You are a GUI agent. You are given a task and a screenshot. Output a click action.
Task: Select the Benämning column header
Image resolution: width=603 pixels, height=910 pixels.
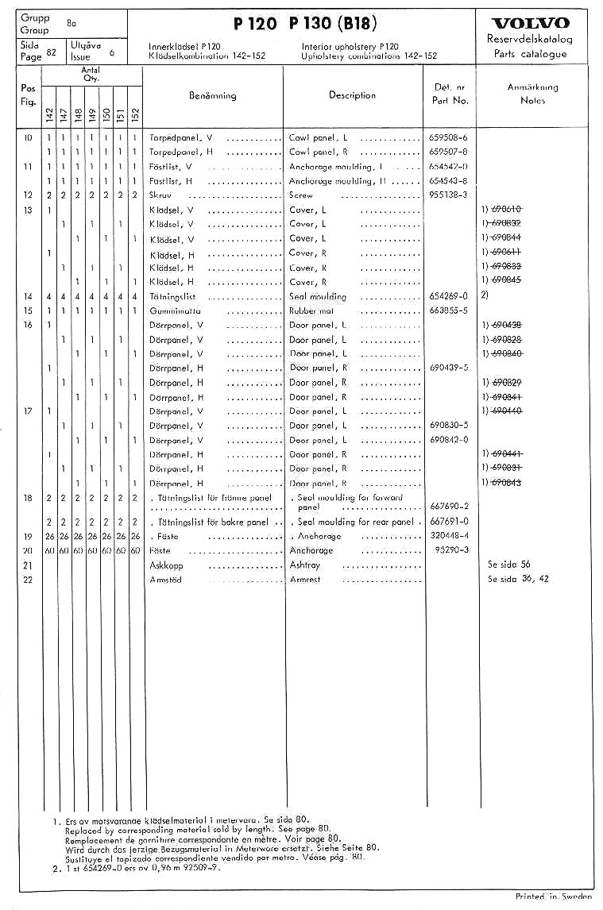click(x=212, y=95)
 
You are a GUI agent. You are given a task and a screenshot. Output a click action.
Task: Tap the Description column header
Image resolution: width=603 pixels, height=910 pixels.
click(x=352, y=95)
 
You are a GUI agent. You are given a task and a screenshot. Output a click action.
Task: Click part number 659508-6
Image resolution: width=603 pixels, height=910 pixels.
click(x=448, y=137)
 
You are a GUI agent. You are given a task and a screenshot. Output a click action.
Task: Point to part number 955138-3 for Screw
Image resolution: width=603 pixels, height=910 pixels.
click(x=448, y=195)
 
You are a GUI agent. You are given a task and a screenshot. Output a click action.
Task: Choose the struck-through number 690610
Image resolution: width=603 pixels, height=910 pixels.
click(x=505, y=210)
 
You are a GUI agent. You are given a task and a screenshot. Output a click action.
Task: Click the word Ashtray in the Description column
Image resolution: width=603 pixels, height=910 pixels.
click(x=307, y=565)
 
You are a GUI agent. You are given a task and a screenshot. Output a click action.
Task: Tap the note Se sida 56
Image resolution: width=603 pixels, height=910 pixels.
click(x=509, y=565)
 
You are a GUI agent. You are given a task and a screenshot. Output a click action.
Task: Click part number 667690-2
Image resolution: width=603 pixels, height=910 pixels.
click(x=449, y=507)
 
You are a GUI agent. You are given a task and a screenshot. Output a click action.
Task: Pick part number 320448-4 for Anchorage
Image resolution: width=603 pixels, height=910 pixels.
click(x=449, y=536)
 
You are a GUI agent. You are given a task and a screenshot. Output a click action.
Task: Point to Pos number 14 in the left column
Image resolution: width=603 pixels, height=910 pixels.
click(x=28, y=296)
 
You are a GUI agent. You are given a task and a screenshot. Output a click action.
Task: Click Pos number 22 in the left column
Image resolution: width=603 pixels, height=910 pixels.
click(x=28, y=579)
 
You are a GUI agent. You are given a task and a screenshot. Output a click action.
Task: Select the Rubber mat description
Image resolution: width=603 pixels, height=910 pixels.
click(x=312, y=310)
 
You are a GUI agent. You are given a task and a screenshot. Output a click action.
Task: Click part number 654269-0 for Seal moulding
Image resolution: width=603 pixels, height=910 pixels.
click(x=449, y=296)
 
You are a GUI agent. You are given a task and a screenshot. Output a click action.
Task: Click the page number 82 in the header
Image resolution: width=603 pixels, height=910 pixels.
click(x=51, y=52)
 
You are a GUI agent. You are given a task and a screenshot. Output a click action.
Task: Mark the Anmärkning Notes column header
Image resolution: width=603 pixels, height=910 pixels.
click(x=532, y=94)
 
